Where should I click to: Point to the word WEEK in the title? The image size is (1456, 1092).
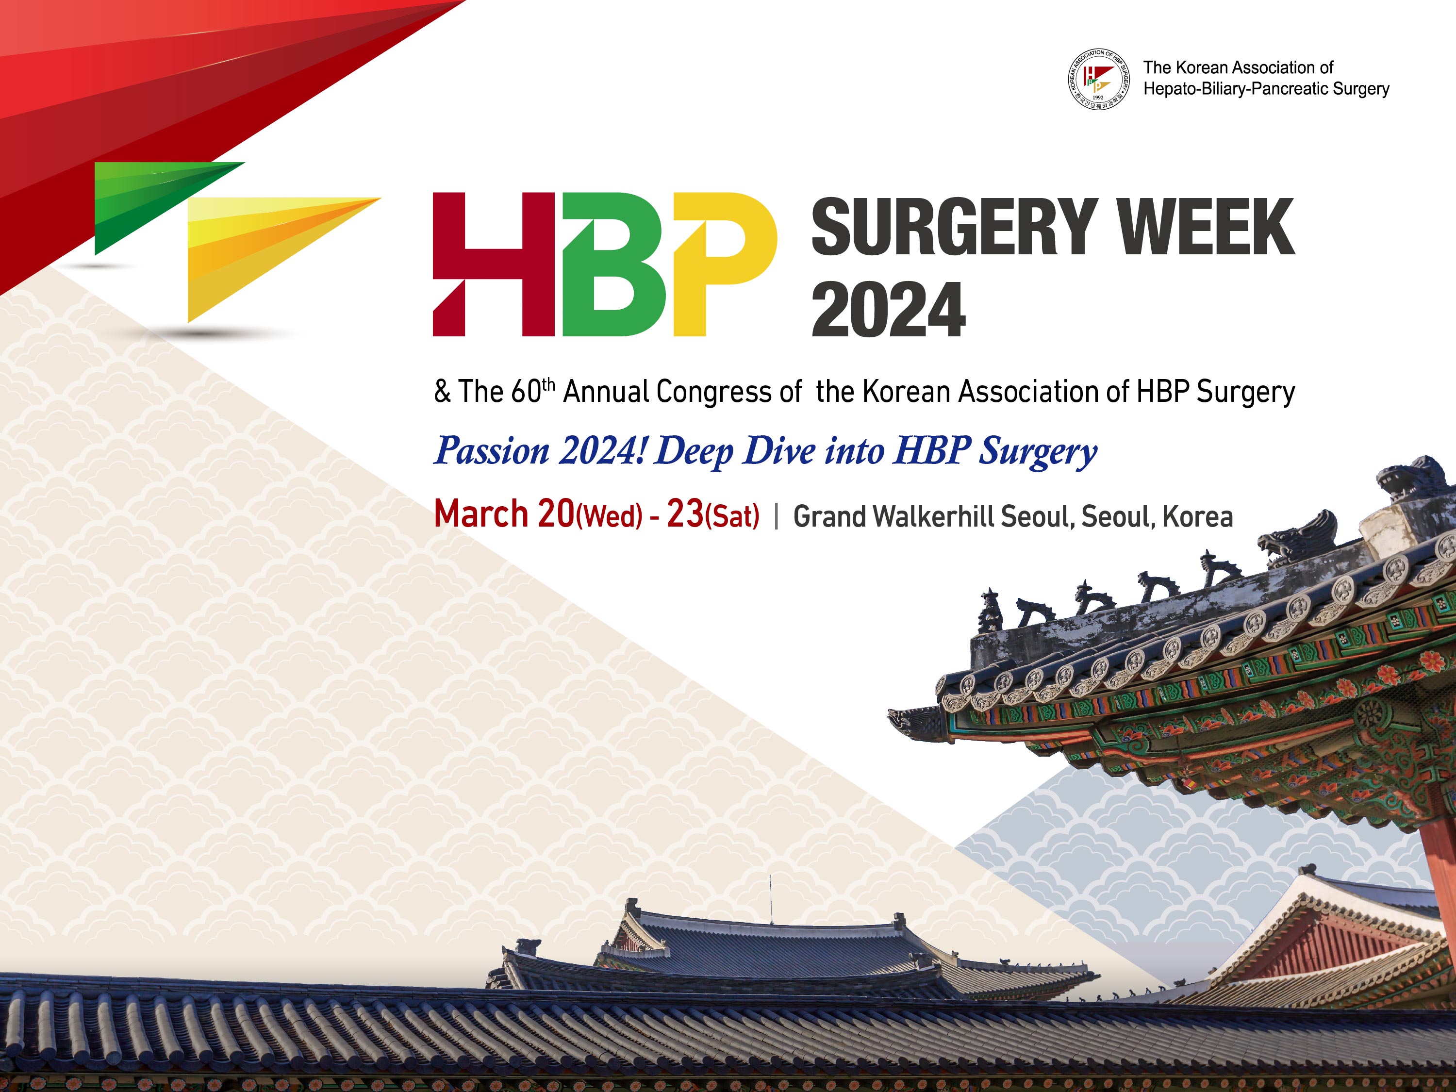pos(1207,227)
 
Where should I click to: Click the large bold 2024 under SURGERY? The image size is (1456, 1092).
pos(889,309)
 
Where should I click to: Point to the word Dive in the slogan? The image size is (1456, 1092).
pos(779,451)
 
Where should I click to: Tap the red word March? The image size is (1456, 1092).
pos(481,513)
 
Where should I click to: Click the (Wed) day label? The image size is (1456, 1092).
pos(608,516)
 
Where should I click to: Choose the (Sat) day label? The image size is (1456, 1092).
pos(732,516)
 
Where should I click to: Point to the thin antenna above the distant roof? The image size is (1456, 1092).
pos(771,898)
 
